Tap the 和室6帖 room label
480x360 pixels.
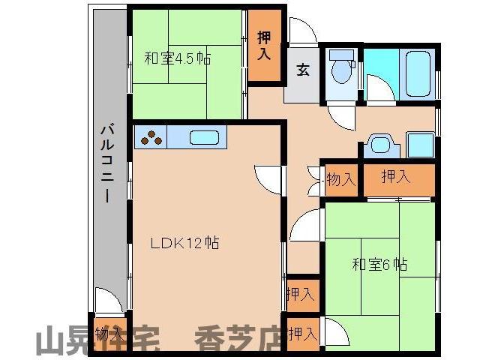[380, 264]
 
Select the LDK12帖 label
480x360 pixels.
[184, 243]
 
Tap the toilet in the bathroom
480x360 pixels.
[342, 69]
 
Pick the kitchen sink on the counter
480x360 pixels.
[204, 138]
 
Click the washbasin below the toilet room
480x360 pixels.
[380, 145]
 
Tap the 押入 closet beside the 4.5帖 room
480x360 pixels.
[265, 45]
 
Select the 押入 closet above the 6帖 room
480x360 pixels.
[396, 178]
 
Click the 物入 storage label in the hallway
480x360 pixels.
[340, 179]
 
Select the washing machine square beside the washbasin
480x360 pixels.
[421, 145]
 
